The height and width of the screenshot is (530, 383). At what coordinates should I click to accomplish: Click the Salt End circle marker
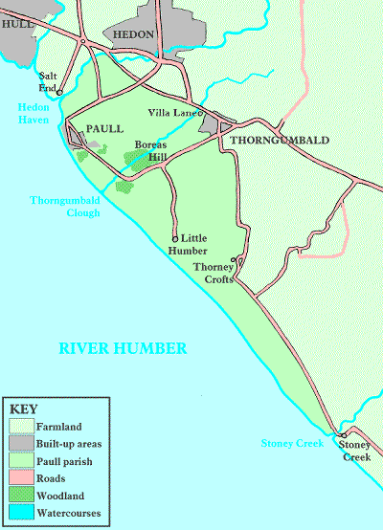(59, 92)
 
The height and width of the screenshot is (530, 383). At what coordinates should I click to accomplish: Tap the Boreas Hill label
(150, 151)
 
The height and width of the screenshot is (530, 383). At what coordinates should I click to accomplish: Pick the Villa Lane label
(172, 113)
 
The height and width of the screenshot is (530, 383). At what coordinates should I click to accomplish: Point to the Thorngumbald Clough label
(64, 205)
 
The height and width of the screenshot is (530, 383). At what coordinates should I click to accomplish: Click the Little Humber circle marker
(174, 238)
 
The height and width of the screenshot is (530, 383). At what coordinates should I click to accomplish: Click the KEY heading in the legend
(21, 409)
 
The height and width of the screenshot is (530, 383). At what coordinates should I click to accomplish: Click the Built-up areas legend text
(69, 444)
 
